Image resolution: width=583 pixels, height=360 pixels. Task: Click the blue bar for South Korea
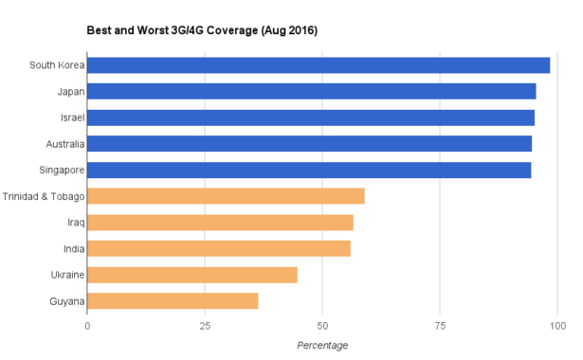(319, 65)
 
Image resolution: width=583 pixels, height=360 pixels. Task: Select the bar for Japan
(312, 91)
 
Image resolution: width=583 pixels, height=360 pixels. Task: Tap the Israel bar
(311, 117)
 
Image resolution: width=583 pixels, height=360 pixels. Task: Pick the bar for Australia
(310, 144)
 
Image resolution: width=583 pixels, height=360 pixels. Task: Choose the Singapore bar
(309, 171)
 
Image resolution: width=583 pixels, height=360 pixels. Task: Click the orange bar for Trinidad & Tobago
(226, 196)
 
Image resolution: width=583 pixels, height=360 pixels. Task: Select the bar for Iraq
(220, 223)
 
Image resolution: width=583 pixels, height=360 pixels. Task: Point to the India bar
(219, 248)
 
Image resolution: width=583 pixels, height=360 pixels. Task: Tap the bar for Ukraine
(192, 275)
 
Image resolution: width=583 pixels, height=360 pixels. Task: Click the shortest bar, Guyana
(173, 301)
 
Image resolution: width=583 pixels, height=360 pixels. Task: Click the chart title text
(202, 30)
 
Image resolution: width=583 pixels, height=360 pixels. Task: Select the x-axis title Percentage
(322, 345)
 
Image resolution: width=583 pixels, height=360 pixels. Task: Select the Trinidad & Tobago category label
(44, 196)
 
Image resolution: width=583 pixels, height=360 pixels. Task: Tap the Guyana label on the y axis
(66, 301)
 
